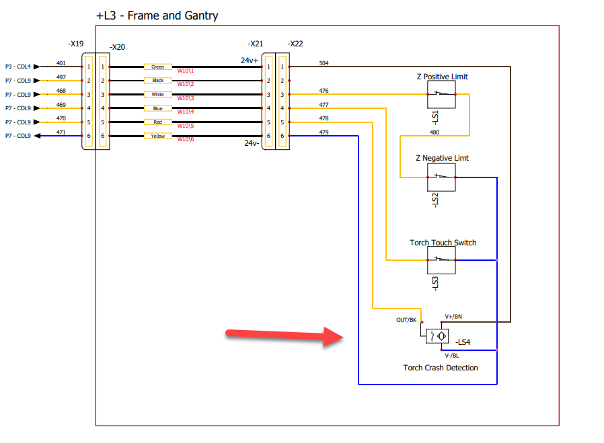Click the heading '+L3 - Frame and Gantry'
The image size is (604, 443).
(x=157, y=15)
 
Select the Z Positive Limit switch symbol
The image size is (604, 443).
(x=441, y=95)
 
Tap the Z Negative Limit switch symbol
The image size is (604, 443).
(x=441, y=177)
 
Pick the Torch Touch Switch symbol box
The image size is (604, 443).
(x=441, y=260)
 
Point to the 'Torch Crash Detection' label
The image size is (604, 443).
(x=441, y=368)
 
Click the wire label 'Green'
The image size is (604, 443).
(x=158, y=67)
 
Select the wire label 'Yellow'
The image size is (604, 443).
(x=158, y=136)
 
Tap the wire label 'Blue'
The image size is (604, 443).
(x=158, y=108)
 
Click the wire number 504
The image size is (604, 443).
(x=324, y=63)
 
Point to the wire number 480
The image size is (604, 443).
(x=435, y=132)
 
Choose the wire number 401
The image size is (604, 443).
(x=61, y=63)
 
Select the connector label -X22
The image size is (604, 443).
(x=295, y=44)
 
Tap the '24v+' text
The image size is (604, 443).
(x=250, y=61)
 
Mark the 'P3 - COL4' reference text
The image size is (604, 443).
(x=17, y=67)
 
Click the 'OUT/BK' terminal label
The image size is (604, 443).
(x=406, y=320)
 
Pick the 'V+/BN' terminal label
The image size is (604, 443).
(x=453, y=316)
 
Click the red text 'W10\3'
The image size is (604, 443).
(x=185, y=98)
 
